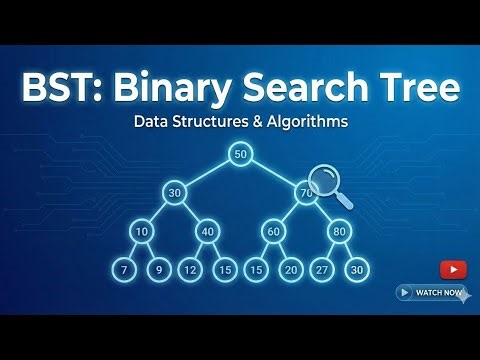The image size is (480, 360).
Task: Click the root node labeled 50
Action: click(x=239, y=154)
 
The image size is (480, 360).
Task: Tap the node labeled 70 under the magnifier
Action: click(x=307, y=191)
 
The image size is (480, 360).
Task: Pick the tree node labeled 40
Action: click(x=207, y=231)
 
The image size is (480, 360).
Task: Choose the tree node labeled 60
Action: click(x=273, y=231)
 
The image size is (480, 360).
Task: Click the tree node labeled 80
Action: click(x=340, y=231)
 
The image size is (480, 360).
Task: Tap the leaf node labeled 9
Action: click(x=157, y=270)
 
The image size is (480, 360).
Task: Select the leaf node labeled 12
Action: click(x=191, y=270)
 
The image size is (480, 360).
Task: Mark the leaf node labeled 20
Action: click(x=290, y=270)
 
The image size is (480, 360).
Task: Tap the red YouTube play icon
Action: click(x=452, y=269)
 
